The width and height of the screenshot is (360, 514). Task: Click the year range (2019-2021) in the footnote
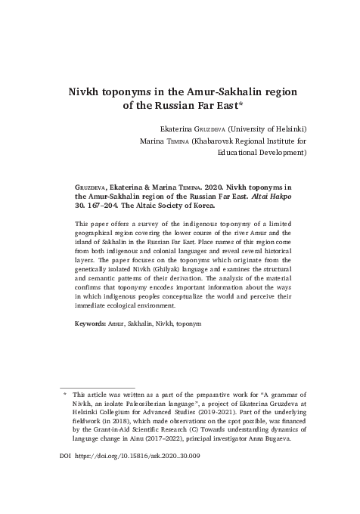tap(243, 415)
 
